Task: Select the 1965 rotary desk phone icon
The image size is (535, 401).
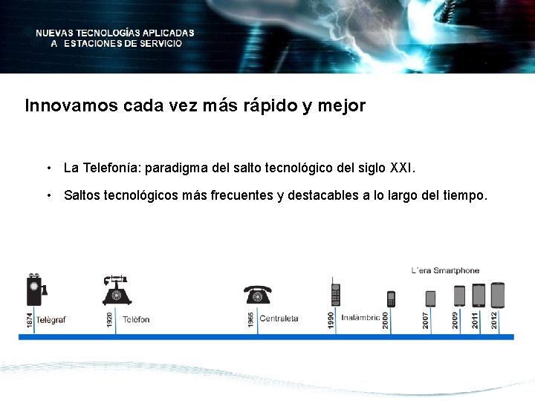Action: pos(258,295)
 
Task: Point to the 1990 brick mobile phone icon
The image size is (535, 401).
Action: pos(336,292)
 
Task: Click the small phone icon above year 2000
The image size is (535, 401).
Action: pos(391,299)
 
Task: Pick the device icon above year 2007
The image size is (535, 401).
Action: pos(430,298)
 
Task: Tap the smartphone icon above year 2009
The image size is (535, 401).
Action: pos(459,296)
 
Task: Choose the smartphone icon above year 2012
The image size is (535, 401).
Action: pos(497,295)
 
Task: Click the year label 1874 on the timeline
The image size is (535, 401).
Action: pos(29,320)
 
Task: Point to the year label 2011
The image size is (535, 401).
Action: pos(476,319)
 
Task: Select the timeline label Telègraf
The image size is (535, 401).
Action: pos(51,320)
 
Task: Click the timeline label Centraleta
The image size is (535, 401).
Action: pos(279,319)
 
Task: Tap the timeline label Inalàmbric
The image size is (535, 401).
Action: pos(360,318)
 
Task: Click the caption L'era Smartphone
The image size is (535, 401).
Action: pos(445,271)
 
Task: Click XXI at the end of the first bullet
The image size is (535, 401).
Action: pos(402,169)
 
